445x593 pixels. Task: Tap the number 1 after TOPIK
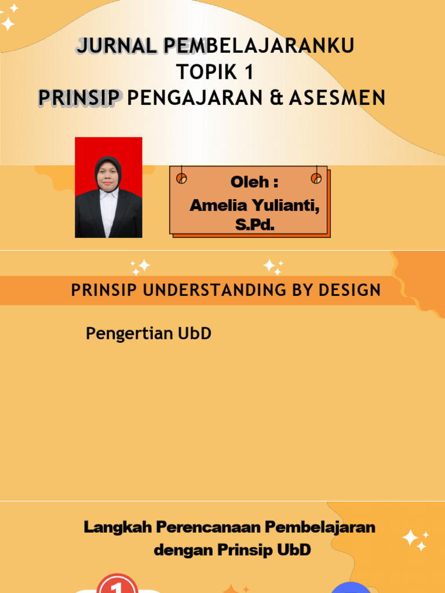point(248,72)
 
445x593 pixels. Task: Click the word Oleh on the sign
point(249,182)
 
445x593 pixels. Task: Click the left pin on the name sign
point(181,178)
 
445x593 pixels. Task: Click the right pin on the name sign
point(316,178)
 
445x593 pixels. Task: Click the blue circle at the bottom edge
point(351,587)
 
